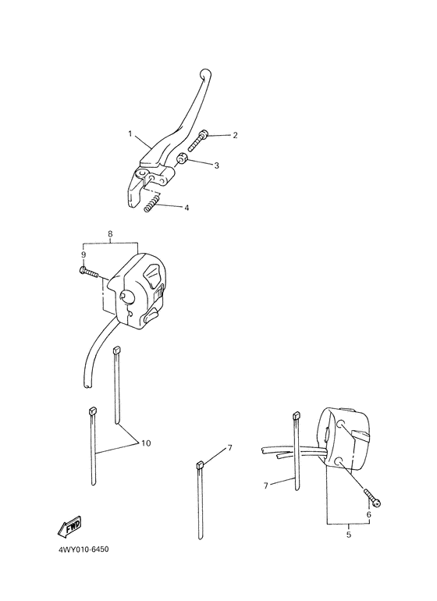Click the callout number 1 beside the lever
click(130, 133)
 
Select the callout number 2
click(213, 135)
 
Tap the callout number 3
click(216, 165)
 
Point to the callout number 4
click(187, 208)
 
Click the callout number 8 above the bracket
click(110, 233)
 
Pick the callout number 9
click(83, 254)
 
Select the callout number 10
click(145, 443)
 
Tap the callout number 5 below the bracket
click(347, 535)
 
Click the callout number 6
click(368, 514)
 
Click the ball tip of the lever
click(205, 75)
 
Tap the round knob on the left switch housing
click(126, 295)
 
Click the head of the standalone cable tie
click(199, 464)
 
